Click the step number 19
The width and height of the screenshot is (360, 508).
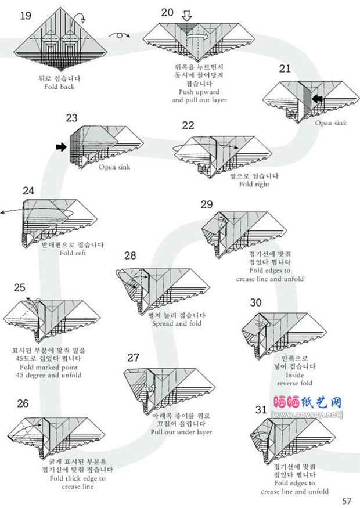tap(26, 16)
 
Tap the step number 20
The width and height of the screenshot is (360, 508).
tap(167, 12)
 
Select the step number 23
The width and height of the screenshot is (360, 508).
tap(71, 118)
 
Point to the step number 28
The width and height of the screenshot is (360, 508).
tap(130, 255)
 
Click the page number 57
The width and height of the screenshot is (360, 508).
tap(347, 501)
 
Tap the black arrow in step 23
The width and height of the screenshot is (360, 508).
tap(61, 147)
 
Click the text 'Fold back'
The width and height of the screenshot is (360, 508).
tap(59, 87)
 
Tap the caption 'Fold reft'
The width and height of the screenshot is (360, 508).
tap(72, 253)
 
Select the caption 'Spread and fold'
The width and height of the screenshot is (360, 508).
tap(175, 323)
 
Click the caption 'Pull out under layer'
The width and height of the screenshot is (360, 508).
tap(181, 432)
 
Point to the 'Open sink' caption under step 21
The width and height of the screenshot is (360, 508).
tap(330, 123)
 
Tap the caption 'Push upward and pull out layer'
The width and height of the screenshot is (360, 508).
tap(199, 96)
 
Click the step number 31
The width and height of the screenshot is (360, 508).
tap(261, 410)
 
